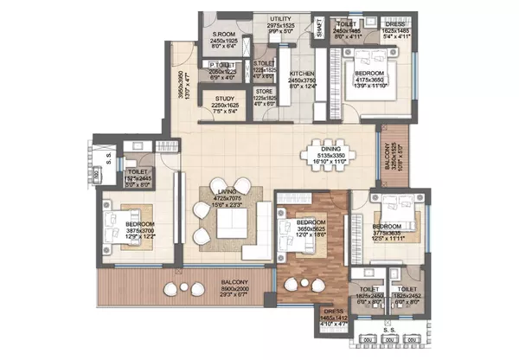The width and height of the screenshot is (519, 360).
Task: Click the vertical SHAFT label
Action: (319, 28)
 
